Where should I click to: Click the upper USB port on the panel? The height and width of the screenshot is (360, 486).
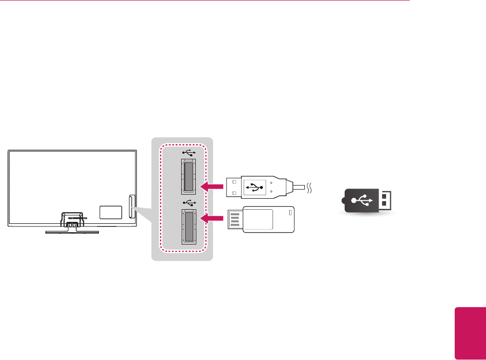[189, 175]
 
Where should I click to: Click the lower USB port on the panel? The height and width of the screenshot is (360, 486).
[189, 228]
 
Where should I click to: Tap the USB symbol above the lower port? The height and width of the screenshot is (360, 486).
[188, 203]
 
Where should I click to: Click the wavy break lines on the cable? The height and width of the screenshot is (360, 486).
[310, 189]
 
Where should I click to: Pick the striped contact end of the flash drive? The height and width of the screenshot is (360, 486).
[235, 220]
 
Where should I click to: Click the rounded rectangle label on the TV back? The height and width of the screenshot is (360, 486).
[111, 212]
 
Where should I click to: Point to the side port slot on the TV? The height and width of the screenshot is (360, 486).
[131, 206]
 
